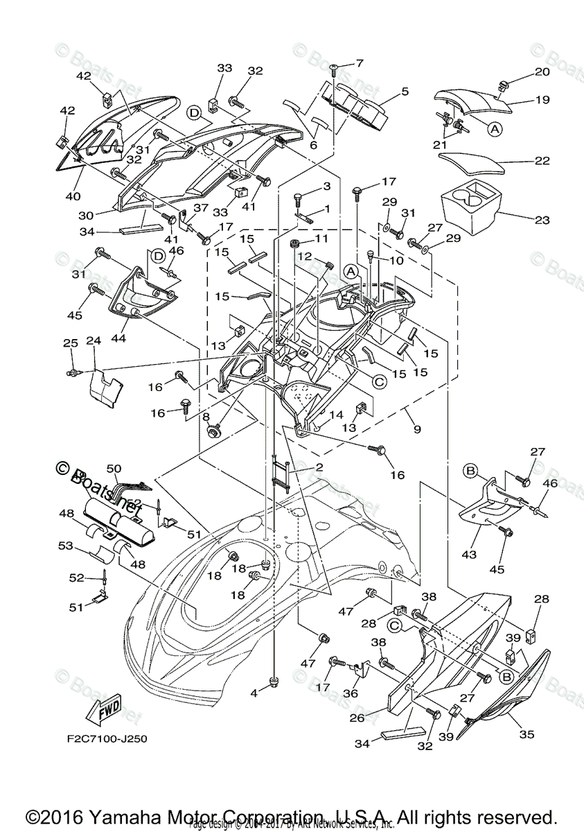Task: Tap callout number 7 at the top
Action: click(359, 64)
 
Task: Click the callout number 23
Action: click(541, 220)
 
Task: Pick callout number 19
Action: click(542, 100)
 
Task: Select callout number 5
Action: click(405, 91)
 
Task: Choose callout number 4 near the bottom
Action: click(254, 693)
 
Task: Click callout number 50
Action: click(114, 469)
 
